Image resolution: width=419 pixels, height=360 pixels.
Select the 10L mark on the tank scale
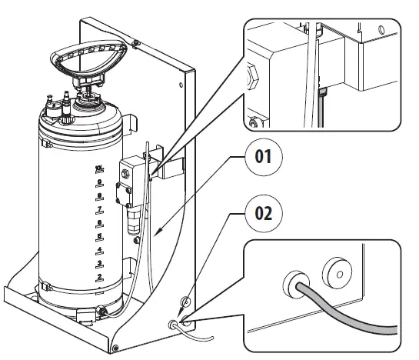tap(98, 168)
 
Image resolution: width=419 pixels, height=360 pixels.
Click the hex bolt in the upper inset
tap(252, 78)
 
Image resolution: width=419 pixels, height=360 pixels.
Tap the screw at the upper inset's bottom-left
tap(256, 122)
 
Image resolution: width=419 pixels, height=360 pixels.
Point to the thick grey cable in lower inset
tap(346, 315)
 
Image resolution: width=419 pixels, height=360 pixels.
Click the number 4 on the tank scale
tap(98, 249)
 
